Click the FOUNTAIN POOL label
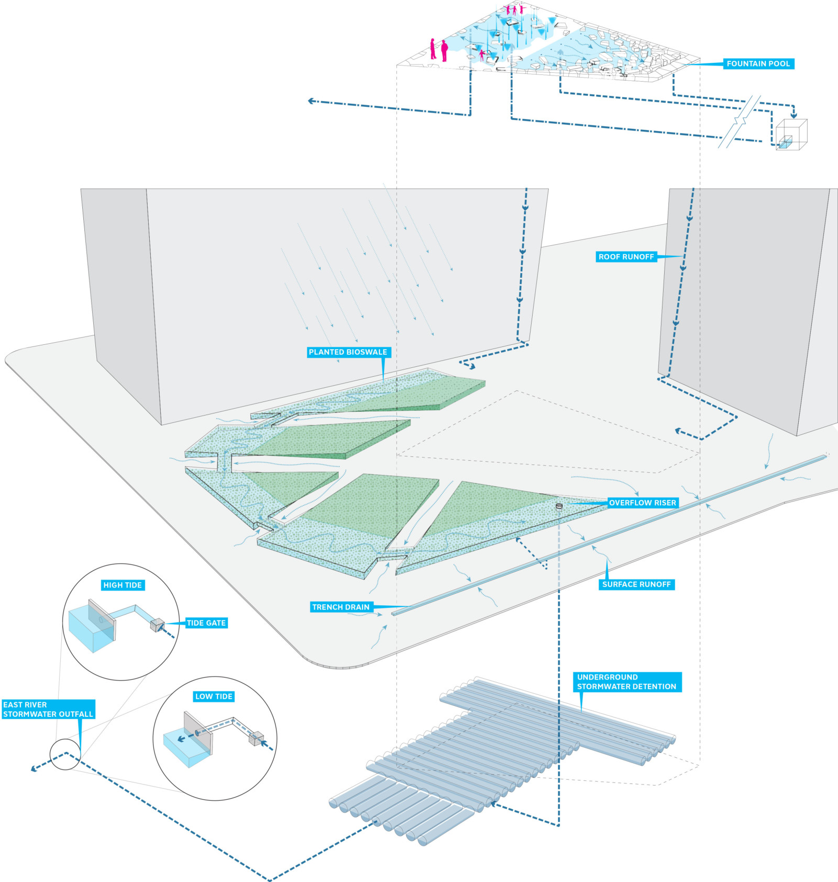(758, 64)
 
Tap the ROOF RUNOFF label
(626, 257)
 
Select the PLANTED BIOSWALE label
(348, 352)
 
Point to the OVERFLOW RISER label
(642, 503)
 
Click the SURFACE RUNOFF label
(636, 584)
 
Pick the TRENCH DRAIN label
(341, 607)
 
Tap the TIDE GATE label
(206, 623)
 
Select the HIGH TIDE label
(123, 585)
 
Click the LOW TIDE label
(214, 696)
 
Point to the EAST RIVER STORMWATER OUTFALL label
(48, 709)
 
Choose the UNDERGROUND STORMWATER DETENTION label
(626, 682)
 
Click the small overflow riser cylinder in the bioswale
(559, 506)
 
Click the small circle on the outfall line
(65, 754)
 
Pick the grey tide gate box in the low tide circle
(256, 738)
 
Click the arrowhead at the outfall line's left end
(34, 768)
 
